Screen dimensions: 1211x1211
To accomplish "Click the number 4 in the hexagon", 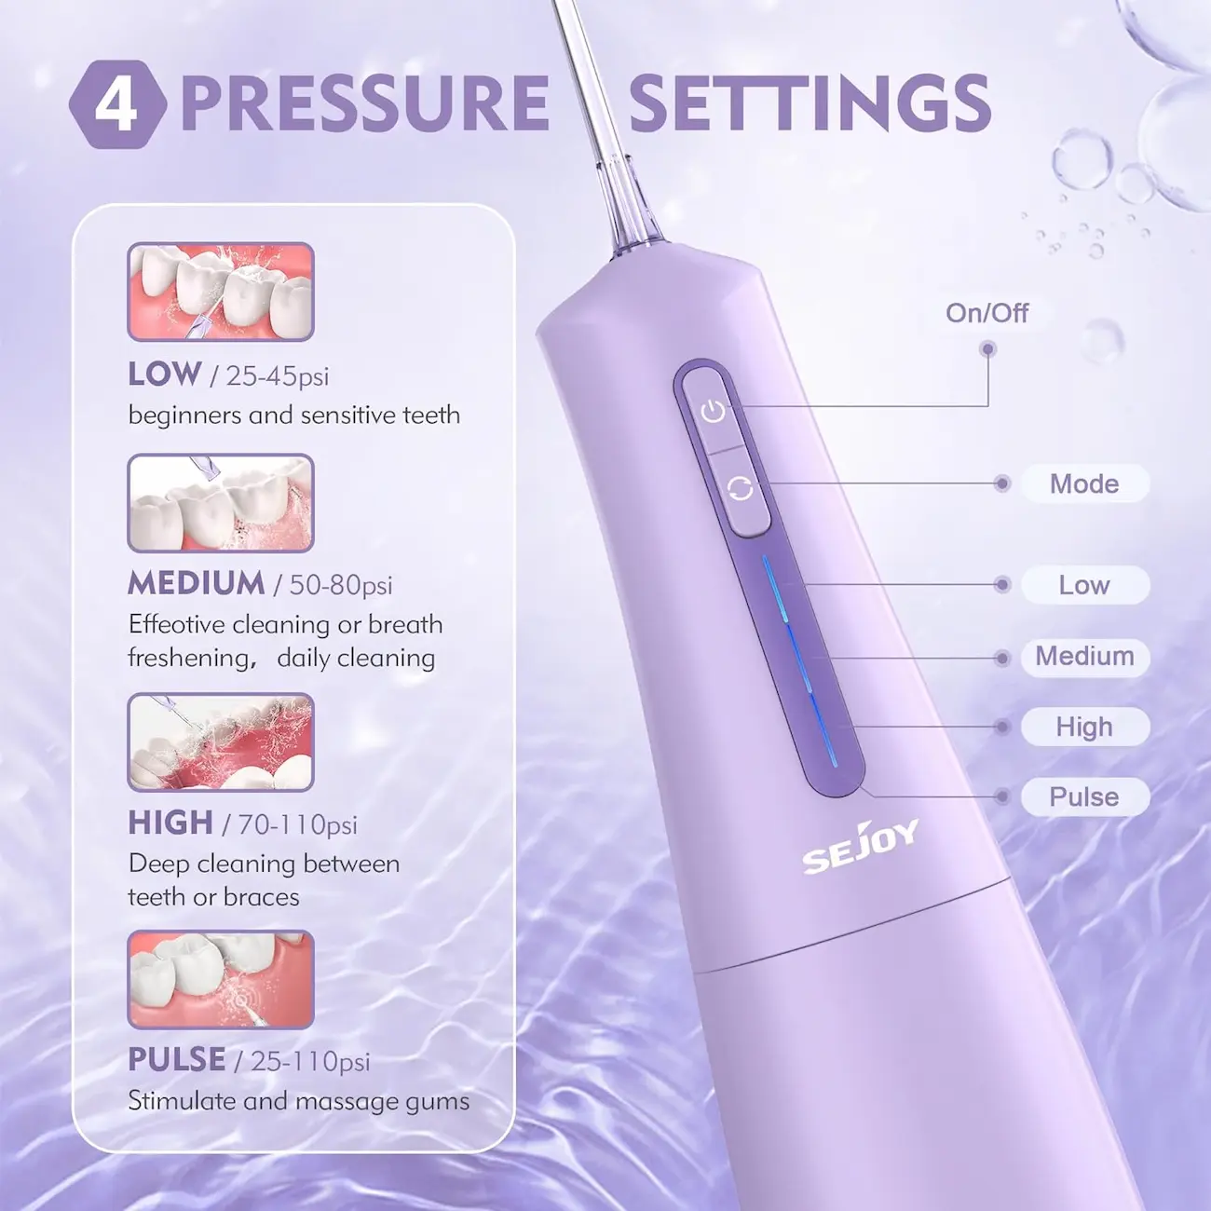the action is click(116, 105).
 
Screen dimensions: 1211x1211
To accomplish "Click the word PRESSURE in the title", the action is click(365, 103).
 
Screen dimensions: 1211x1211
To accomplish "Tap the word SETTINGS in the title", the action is click(810, 103).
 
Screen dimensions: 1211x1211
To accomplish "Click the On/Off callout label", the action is click(987, 313).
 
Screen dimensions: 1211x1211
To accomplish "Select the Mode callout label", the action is click(1085, 483).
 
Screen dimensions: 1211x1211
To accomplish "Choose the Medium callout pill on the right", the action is click(1085, 657).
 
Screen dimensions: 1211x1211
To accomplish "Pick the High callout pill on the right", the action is click(1085, 727).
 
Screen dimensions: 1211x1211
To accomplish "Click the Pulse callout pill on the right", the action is click(1085, 796).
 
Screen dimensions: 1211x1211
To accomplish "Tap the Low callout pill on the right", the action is click(1085, 585).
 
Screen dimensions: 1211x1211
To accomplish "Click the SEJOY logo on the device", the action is click(861, 847).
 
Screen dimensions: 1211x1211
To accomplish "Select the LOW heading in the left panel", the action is click(165, 374).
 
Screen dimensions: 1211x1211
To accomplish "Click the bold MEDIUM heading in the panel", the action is click(196, 583).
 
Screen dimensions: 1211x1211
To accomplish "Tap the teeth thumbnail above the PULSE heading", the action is click(221, 979).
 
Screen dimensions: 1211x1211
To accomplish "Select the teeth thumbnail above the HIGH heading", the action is click(221, 742).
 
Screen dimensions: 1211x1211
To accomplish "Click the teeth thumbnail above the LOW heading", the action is click(221, 292).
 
